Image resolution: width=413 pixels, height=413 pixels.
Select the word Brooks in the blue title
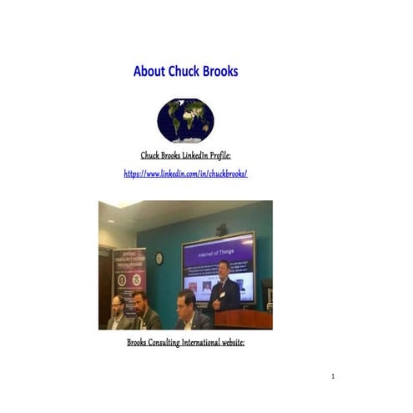[220, 72]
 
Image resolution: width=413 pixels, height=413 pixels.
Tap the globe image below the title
[185, 120]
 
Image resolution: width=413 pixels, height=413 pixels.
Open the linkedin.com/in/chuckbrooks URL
[185, 174]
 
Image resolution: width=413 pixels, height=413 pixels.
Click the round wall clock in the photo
[159, 259]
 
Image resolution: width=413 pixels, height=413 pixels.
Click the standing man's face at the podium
[224, 269]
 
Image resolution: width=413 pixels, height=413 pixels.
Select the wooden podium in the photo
[243, 319]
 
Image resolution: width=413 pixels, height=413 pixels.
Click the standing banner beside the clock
[129, 280]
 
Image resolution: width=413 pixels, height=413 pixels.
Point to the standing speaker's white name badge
[223, 294]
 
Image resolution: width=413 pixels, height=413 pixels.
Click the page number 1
[332, 377]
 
